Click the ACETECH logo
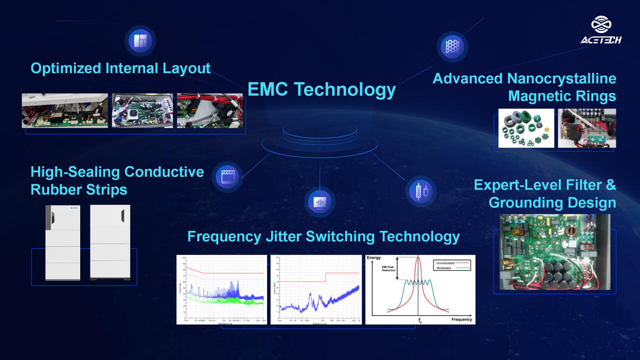click(601, 30)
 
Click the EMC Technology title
click(321, 89)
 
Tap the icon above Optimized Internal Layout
click(140, 40)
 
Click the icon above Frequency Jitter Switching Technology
click(319, 202)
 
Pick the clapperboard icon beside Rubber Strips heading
click(227, 176)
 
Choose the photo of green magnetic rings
click(526, 128)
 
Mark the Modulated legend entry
click(444, 268)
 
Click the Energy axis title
click(373, 258)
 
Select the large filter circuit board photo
click(554, 252)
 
